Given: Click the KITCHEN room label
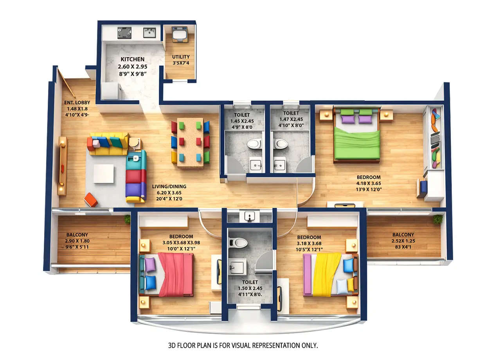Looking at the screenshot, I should (132, 59).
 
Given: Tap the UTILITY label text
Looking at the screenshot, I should (181, 57).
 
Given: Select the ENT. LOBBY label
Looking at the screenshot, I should (77, 103).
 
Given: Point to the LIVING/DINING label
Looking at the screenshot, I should (169, 186).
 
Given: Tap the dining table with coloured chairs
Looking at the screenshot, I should (190, 142).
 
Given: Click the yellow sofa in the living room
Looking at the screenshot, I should (108, 144).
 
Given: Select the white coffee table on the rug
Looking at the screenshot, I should (104, 173).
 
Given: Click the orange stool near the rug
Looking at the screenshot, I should (90, 200).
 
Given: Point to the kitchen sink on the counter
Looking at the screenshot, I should (149, 32).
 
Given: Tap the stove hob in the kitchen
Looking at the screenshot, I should (124, 32).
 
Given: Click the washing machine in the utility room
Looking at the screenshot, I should (180, 34).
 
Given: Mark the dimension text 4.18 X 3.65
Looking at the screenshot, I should (368, 183).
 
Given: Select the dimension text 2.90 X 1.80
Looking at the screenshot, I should (77, 241).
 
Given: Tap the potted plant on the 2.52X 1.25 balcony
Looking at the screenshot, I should (437, 219).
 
